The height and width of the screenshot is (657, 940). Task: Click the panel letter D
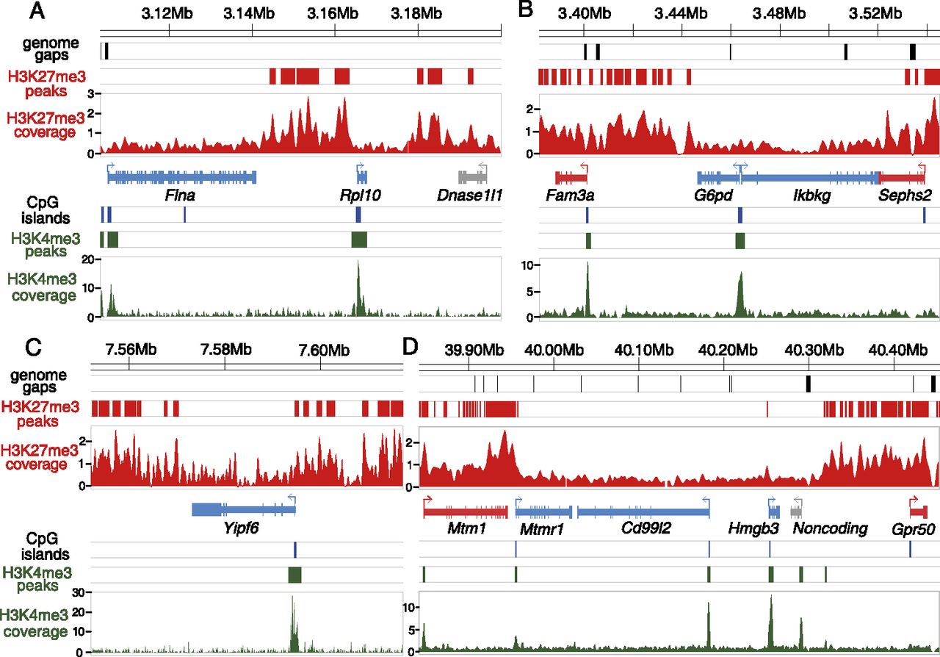coord(411,345)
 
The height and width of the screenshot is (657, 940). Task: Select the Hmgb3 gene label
coord(750,528)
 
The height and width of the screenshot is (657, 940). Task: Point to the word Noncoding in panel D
coord(831,528)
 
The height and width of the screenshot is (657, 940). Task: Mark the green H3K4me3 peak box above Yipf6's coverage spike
coord(294,575)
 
